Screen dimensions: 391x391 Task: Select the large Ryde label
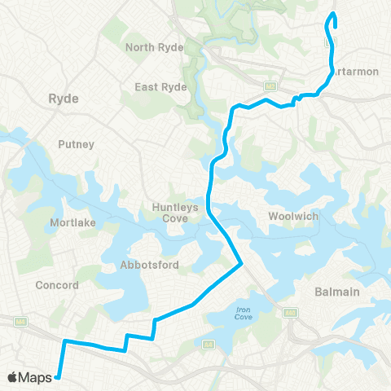tap(64, 99)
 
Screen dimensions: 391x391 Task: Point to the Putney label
tap(77, 144)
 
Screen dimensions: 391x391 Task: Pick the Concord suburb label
tap(57, 285)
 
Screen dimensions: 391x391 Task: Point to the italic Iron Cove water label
tap(243, 313)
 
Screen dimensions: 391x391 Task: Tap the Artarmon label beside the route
tap(356, 72)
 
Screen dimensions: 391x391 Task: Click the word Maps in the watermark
tap(37, 377)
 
